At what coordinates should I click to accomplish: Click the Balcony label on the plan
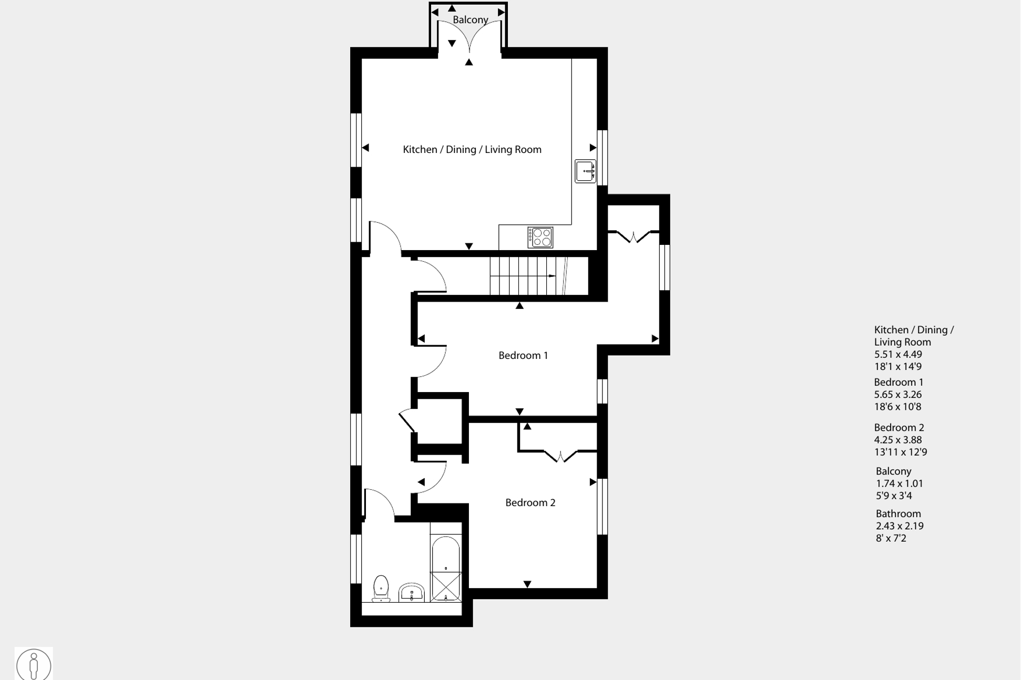coord(471,20)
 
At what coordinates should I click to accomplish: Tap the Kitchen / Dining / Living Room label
coord(472,150)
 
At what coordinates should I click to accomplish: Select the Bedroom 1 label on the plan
coord(523,356)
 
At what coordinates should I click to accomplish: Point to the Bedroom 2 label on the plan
coord(530,503)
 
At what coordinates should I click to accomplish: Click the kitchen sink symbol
coord(586,171)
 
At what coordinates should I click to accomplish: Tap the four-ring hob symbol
coord(540,237)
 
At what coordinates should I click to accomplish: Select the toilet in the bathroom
coord(381,589)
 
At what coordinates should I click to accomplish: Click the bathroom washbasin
coord(412,592)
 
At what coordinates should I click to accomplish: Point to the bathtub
coord(446,569)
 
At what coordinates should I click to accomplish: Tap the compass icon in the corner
coord(34,664)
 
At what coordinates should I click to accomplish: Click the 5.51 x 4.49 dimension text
coord(898,355)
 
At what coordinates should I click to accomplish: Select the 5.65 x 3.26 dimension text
coord(898,395)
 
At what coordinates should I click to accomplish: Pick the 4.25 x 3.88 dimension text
coord(898,440)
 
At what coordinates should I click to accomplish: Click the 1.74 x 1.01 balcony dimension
coord(900,484)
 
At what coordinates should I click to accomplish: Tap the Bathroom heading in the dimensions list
coord(899,514)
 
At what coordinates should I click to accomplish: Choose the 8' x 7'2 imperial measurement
coord(891,539)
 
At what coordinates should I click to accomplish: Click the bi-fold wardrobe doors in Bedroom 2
coord(560,455)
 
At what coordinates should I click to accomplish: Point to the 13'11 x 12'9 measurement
coord(901,452)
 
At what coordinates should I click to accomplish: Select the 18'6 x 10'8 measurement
coord(898,407)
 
